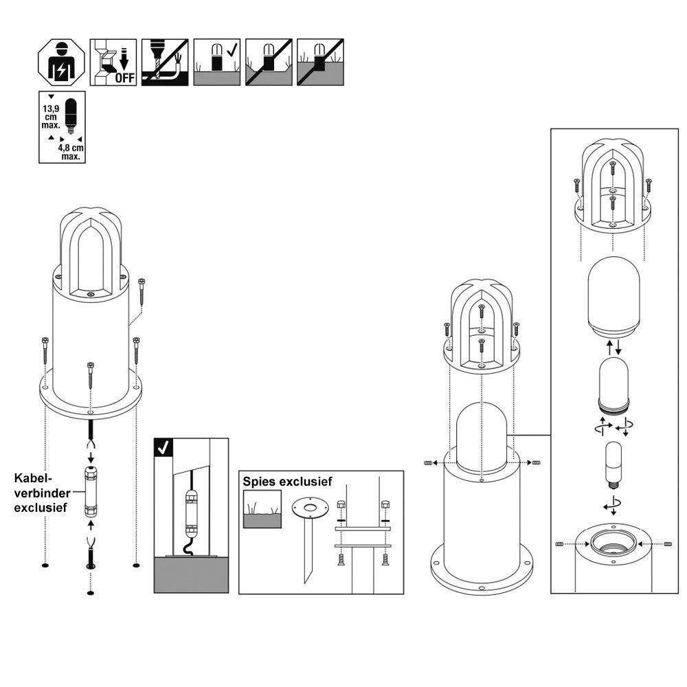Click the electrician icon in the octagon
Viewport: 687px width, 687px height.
(61, 62)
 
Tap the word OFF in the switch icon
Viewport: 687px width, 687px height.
(125, 78)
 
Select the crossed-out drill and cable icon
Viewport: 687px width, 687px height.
(165, 62)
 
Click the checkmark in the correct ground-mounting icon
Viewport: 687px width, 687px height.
(232, 50)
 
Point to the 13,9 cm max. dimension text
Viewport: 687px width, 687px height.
(51, 117)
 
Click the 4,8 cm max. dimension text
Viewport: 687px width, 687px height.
(71, 152)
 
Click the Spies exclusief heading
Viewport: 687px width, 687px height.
(287, 482)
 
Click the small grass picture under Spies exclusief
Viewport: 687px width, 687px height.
(262, 509)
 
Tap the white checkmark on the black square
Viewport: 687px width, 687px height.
(164, 447)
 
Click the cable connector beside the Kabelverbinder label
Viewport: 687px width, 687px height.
(90, 492)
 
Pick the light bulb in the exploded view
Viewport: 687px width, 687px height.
(613, 466)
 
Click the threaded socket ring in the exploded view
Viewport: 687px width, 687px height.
(613, 543)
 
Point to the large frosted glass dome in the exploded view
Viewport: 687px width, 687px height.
(613, 297)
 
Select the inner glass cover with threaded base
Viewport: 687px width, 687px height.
(613, 384)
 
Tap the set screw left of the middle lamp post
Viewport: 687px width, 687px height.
(429, 462)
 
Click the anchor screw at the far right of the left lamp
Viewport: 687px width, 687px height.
(141, 291)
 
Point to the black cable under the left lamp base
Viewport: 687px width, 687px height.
(90, 429)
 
